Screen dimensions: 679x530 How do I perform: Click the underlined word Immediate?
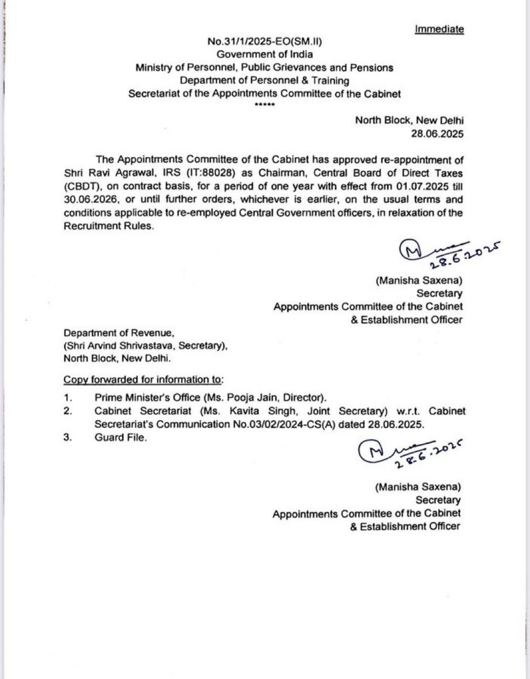click(x=439, y=29)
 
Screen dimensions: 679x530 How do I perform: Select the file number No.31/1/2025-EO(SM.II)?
click(x=261, y=42)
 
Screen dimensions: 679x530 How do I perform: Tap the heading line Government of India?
click(x=265, y=54)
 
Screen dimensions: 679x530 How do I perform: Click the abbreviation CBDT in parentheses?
click(x=80, y=186)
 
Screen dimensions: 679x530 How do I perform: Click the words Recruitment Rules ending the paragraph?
click(x=107, y=225)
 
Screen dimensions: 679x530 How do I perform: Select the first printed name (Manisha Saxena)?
click(x=419, y=281)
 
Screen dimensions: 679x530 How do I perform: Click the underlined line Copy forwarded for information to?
click(x=143, y=380)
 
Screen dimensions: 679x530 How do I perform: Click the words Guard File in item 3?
click(x=120, y=437)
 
